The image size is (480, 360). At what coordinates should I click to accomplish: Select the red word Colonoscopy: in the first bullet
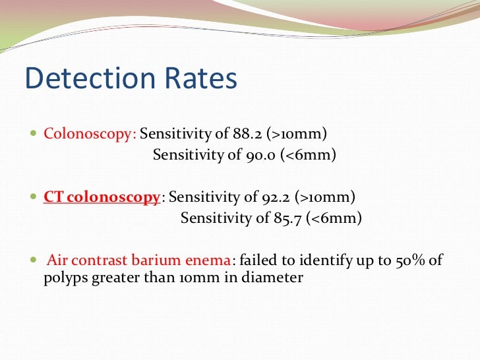coord(90,134)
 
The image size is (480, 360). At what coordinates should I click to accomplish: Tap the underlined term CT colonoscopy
coord(102,196)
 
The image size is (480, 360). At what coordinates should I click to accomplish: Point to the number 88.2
coord(248,134)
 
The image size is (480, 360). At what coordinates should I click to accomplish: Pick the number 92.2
coord(276,196)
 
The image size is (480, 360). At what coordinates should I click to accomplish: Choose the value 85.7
coord(289,218)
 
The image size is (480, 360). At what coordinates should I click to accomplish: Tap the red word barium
coord(167,260)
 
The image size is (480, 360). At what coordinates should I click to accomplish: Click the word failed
coord(257,260)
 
